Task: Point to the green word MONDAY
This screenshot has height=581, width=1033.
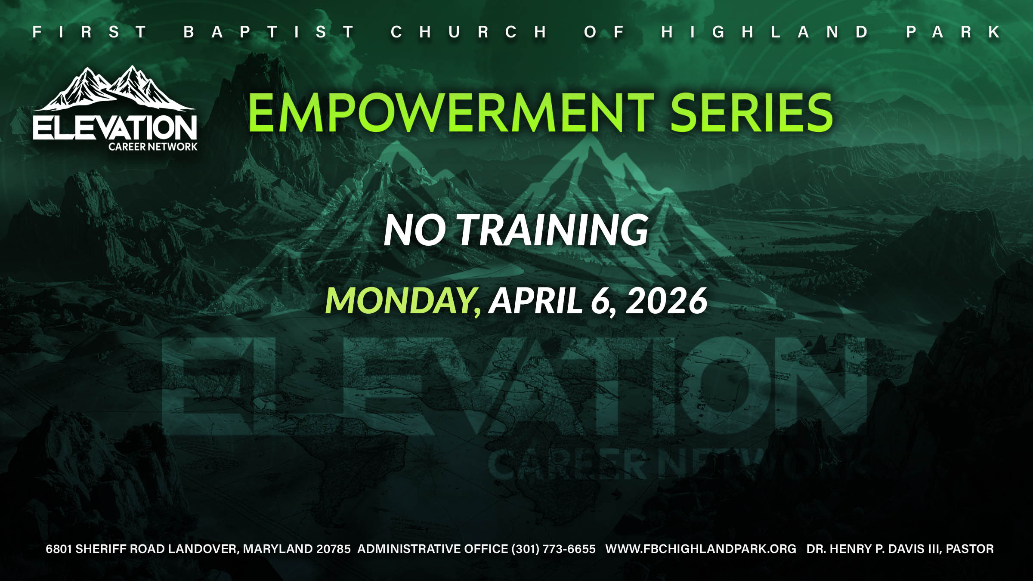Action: click(403, 301)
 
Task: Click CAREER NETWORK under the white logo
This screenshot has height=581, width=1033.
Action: click(153, 147)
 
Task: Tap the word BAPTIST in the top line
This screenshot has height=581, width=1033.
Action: click(269, 32)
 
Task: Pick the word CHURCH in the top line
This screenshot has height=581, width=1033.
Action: click(469, 32)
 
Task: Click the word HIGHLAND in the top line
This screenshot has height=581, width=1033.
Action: click(764, 32)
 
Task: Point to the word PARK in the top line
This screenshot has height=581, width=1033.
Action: click(953, 32)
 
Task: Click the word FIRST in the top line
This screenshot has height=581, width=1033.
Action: click(90, 32)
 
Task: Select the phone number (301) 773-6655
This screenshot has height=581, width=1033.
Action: click(554, 549)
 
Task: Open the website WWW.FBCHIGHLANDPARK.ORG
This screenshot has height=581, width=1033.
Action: click(701, 549)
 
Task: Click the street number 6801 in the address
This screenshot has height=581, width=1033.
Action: click(59, 549)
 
